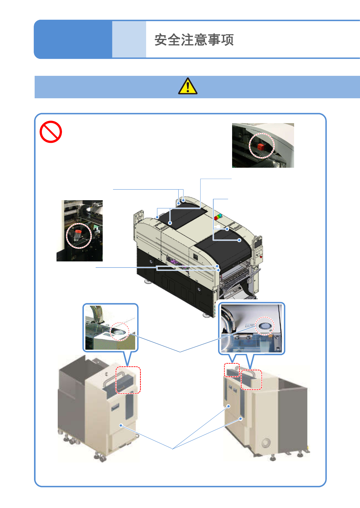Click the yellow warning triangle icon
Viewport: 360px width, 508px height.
click(188, 86)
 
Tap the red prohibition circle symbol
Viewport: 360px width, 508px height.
click(51, 132)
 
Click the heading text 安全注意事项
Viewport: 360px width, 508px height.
click(194, 40)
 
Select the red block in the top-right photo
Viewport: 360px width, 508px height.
click(261, 147)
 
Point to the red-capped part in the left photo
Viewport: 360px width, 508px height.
click(77, 235)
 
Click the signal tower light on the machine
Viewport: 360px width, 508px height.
click(218, 217)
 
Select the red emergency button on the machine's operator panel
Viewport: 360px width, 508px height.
click(261, 257)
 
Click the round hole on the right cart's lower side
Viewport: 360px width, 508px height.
click(266, 442)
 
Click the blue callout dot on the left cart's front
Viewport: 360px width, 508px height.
click(121, 426)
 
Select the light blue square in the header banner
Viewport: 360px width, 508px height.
click(129, 39)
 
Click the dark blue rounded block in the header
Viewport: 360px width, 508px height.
click(73, 39)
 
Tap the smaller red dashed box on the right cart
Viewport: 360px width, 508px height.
click(232, 370)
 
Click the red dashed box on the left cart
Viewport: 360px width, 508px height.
click(128, 380)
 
